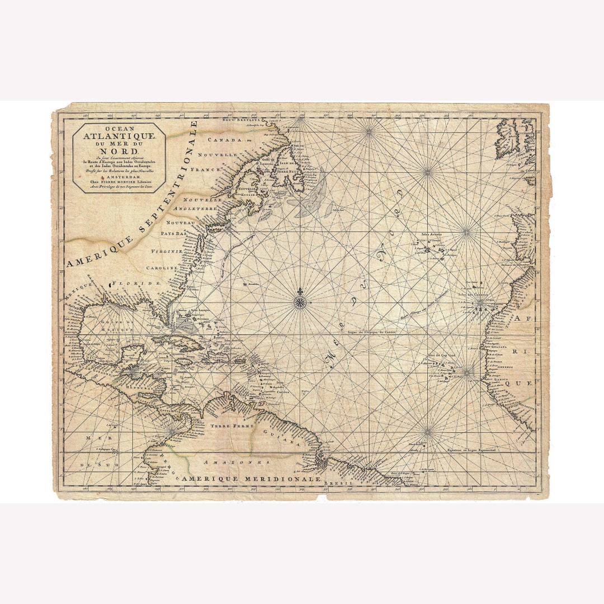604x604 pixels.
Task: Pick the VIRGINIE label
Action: point(167,251)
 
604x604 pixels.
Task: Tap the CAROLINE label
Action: point(162,268)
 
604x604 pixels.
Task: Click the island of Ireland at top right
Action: point(507,139)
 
